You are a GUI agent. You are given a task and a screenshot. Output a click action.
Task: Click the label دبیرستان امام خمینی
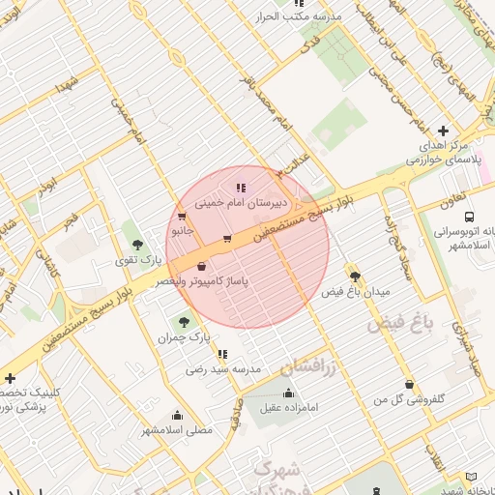pyautogui.click(x=240, y=204)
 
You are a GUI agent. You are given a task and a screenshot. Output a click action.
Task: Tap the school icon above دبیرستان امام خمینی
pyautogui.click(x=240, y=189)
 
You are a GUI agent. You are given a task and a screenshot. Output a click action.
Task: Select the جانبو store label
pyautogui.click(x=182, y=232)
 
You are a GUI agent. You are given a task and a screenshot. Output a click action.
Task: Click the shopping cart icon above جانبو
pyautogui.click(x=182, y=217)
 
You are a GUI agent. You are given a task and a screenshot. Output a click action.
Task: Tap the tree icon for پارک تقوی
pyautogui.click(x=135, y=243)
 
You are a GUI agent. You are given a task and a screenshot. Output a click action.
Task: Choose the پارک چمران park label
pyautogui.click(x=185, y=338)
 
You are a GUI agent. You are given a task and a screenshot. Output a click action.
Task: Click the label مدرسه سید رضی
pyautogui.click(x=223, y=369)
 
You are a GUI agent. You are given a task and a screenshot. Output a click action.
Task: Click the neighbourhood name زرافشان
pyautogui.click(x=309, y=366)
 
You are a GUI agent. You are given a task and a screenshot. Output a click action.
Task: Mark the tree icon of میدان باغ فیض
pyautogui.click(x=354, y=276)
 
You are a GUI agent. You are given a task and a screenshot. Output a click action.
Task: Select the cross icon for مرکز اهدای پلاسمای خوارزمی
pyautogui.click(x=444, y=131)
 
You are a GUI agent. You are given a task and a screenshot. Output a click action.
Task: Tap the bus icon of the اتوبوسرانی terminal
pyautogui.click(x=469, y=217)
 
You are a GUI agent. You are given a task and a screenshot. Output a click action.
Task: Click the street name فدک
pyautogui.click(x=310, y=44)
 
